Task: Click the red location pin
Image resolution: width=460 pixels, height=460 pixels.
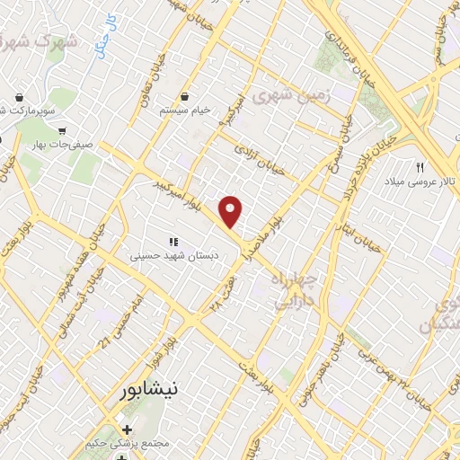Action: [232, 211]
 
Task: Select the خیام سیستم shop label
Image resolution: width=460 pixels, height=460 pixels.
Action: [184, 109]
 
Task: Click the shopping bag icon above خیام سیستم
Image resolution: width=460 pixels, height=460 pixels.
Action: [184, 94]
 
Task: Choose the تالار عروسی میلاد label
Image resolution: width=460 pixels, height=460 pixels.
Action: [421, 181]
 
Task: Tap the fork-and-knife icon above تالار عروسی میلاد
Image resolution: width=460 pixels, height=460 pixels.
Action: [420, 167]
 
